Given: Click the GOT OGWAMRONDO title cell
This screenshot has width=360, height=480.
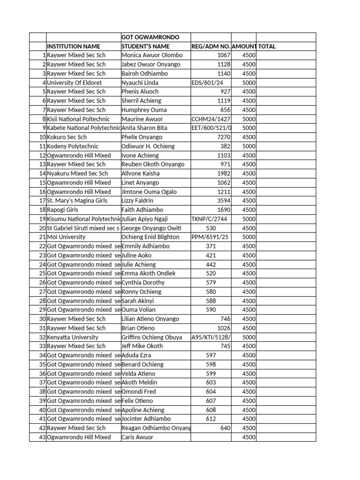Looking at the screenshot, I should pos(150,37).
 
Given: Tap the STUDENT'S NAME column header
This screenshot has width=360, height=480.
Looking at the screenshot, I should pos(145,46).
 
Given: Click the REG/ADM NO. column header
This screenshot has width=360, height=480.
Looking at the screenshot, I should pos(210,46).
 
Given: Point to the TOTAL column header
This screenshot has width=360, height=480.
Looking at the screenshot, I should pos(267,46).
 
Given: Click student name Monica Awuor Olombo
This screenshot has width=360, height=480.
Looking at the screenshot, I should pos(152,55).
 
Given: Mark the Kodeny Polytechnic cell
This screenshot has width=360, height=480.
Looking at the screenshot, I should pos(73,146).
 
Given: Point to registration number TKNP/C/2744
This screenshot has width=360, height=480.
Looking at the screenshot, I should pos(210,219).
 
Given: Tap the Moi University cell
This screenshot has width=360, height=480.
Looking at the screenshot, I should pos(66,237).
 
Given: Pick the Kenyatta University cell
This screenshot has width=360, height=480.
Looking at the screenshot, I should pos(73,337).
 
